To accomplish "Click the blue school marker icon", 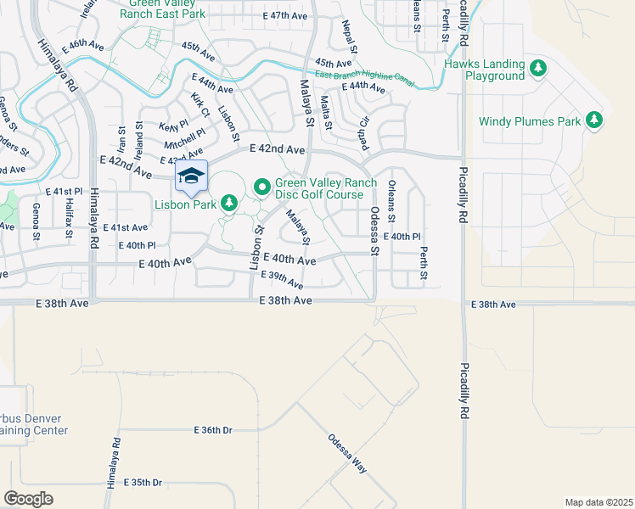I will tap(192, 176).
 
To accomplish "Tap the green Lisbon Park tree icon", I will tap(228, 203).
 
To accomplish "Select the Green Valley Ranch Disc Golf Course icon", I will tap(262, 185).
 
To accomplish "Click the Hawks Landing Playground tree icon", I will tap(537, 67).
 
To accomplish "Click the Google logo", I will tap(29, 498).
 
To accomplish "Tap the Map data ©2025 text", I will tap(598, 502).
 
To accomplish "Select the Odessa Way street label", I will tap(347, 454).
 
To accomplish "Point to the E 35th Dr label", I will tap(143, 482).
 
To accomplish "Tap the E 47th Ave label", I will tap(284, 16).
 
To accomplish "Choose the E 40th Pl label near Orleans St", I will tap(402, 237).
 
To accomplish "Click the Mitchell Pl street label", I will tap(184, 138).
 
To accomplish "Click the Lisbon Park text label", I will tap(185, 204).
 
